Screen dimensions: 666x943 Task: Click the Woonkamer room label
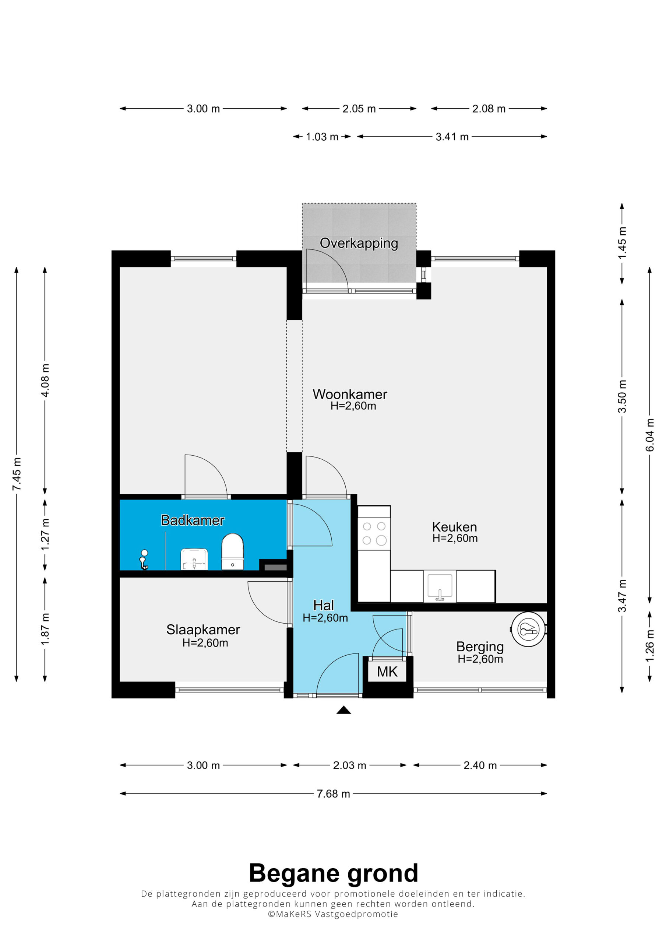pyautogui.click(x=350, y=394)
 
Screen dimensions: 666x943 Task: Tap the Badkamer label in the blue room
pyautogui.click(x=193, y=520)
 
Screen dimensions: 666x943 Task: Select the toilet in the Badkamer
pyautogui.click(x=232, y=551)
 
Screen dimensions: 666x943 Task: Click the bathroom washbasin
pyautogui.click(x=194, y=559)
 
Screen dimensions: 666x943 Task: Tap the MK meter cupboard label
pyautogui.click(x=387, y=672)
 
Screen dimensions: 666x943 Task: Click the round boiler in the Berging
pyautogui.click(x=528, y=629)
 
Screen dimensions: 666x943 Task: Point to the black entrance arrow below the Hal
pyautogui.click(x=343, y=710)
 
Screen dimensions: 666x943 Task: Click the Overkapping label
pyautogui.click(x=359, y=243)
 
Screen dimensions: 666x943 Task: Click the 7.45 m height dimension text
pyautogui.click(x=17, y=474)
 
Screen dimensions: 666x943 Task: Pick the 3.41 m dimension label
pyautogui.click(x=452, y=137)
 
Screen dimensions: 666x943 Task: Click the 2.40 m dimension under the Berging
pyautogui.click(x=480, y=765)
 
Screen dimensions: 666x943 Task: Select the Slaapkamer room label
pyautogui.click(x=203, y=630)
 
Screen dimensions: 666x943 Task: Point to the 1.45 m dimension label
pyautogui.click(x=622, y=243)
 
